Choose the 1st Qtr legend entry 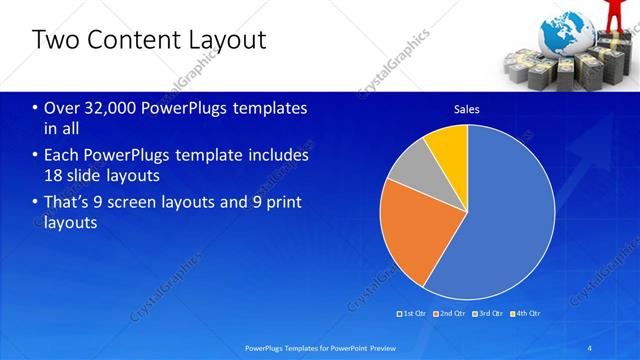(414, 313)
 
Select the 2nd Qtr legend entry (451, 313)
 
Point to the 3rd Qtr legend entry (488, 313)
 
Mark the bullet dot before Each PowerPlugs (36, 156)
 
